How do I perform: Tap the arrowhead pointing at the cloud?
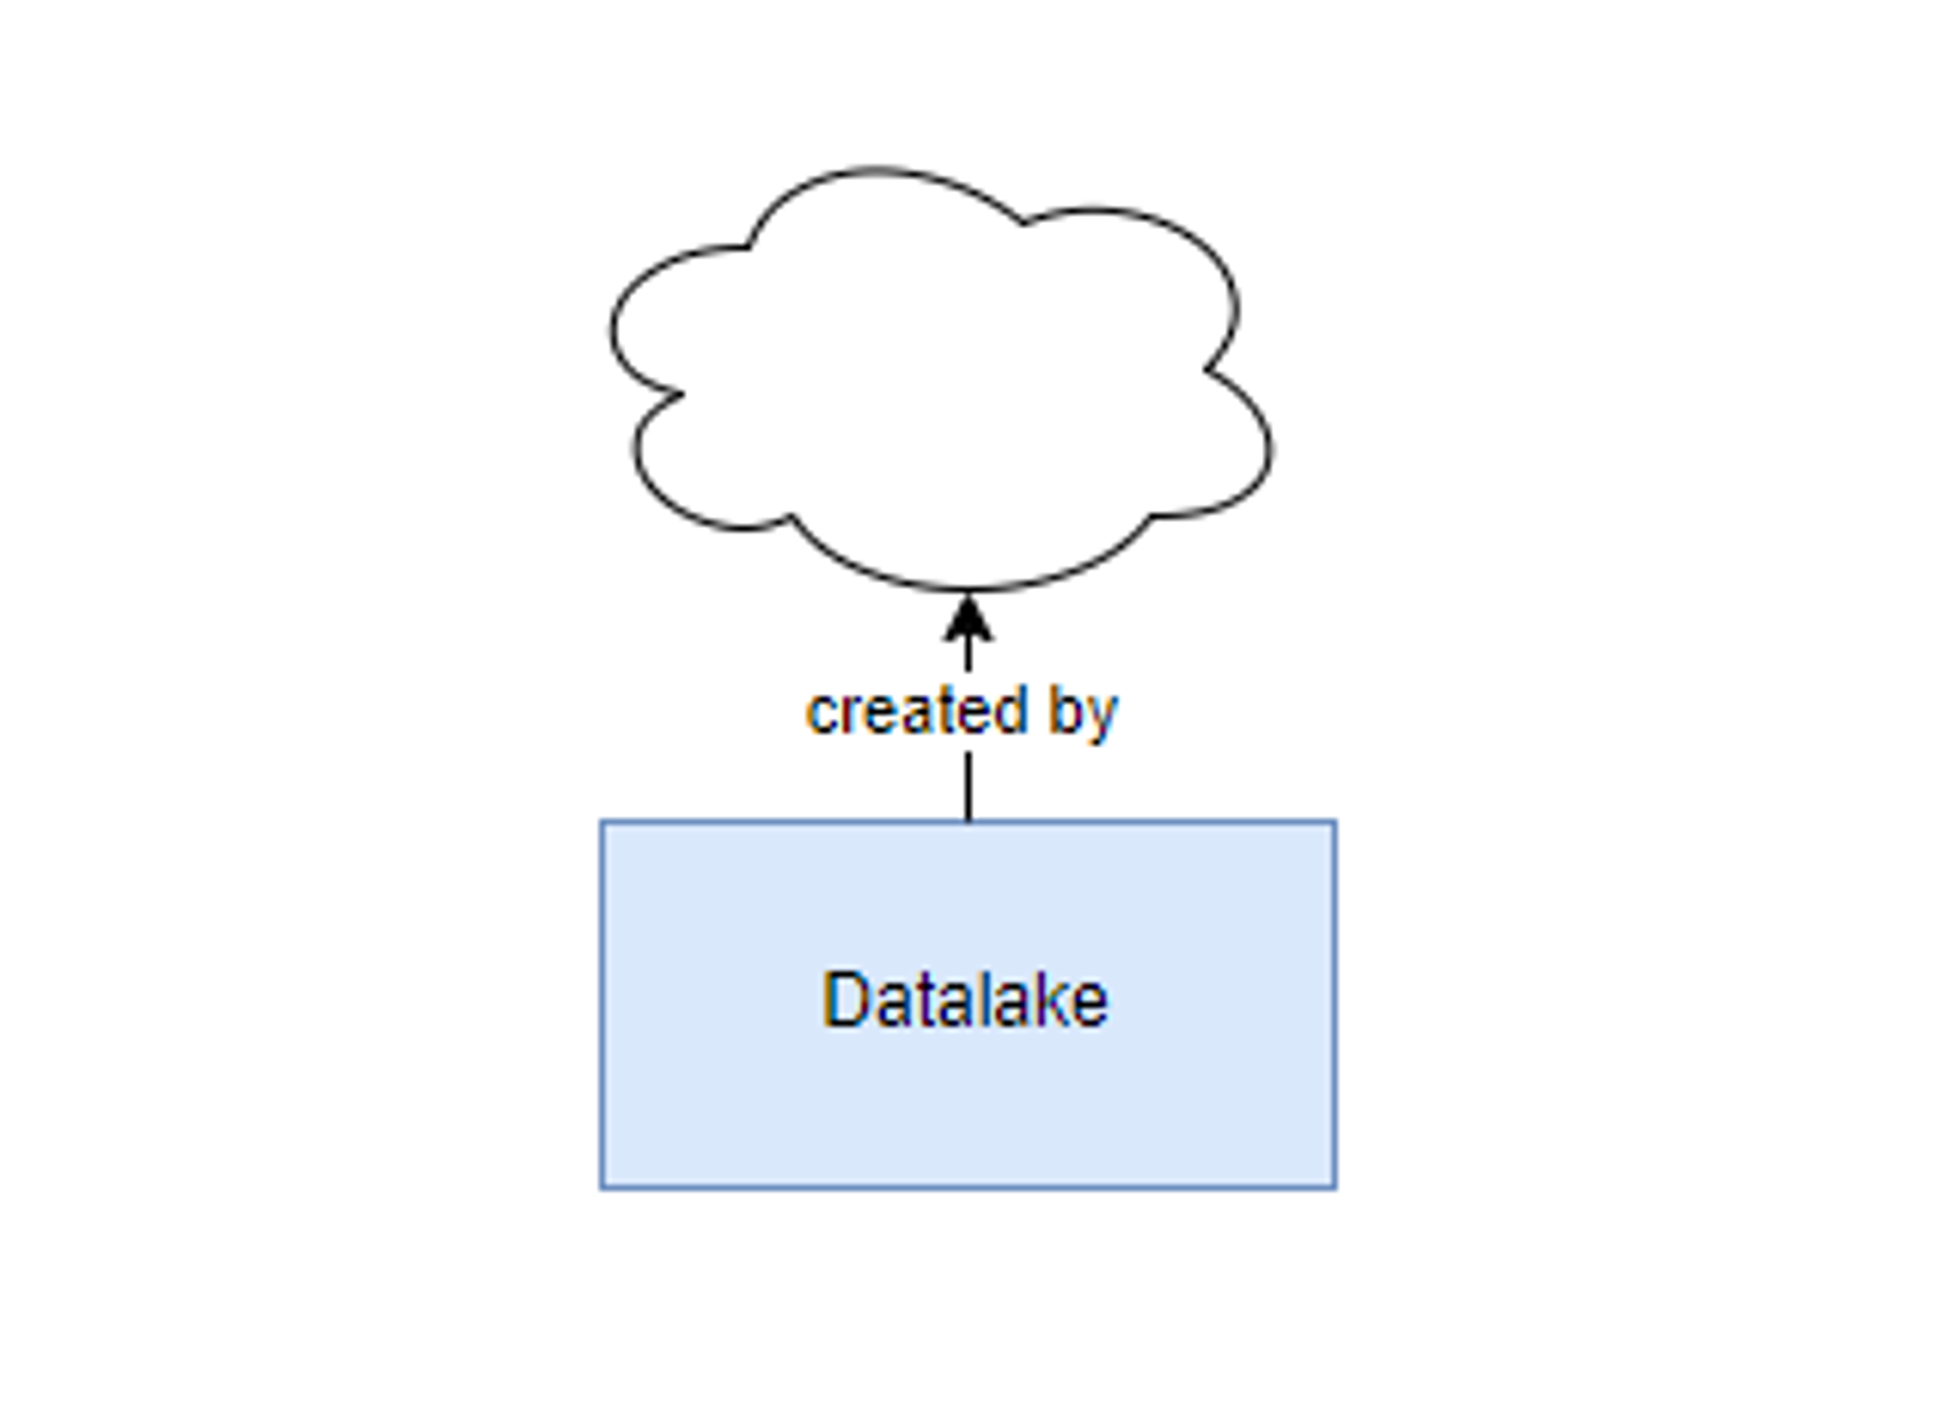pyautogui.click(x=968, y=620)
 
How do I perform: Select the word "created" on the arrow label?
pyautogui.click(x=917, y=711)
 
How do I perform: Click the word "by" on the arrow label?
pyautogui.click(x=1083, y=715)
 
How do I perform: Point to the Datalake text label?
pyautogui.click(x=965, y=999)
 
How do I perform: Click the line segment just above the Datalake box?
pyautogui.click(x=968, y=787)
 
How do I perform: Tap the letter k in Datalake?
pyautogui.click(x=1045, y=999)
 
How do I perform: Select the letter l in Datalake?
pyautogui.click(x=977, y=999)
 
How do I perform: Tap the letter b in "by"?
pyautogui.click(x=1065, y=711)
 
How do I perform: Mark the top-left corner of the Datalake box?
pyautogui.click(x=602, y=822)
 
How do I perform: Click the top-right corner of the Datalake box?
pyautogui.click(x=1335, y=822)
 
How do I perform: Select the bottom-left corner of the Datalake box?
pyautogui.click(x=602, y=1188)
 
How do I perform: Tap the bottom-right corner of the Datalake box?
pyautogui.click(x=1335, y=1188)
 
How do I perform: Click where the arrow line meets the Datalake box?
pyautogui.click(x=968, y=821)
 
